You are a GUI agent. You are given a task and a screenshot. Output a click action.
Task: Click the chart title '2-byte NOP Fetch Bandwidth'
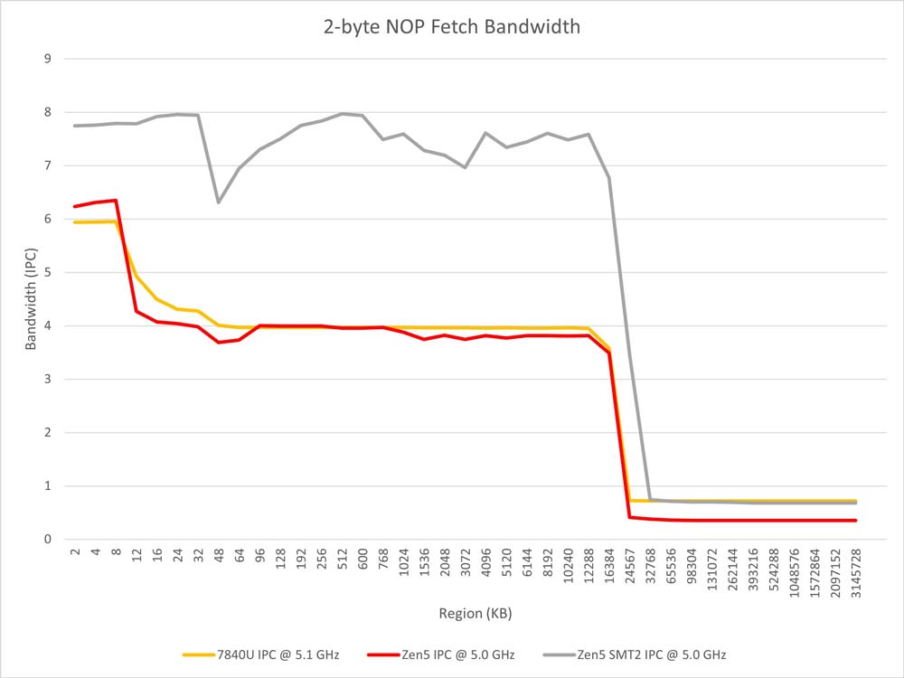click(x=451, y=27)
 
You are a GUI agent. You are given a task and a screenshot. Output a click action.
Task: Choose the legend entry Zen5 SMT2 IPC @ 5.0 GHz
click(x=644, y=654)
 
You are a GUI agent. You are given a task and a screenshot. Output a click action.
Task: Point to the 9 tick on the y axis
click(x=48, y=59)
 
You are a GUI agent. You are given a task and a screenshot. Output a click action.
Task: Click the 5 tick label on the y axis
click(x=48, y=272)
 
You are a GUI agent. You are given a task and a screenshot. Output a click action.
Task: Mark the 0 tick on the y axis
click(x=48, y=539)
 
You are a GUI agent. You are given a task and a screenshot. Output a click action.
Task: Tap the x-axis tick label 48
click(x=219, y=556)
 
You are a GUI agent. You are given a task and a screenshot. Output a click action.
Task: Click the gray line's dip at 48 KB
click(x=219, y=202)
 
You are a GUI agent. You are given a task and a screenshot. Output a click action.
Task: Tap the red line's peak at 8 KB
click(x=116, y=200)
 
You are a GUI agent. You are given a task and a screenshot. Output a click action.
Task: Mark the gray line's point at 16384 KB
click(x=609, y=178)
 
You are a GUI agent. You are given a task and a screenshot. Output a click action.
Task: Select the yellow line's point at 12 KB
click(x=137, y=277)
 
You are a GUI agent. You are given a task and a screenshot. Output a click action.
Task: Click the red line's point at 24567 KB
click(x=630, y=517)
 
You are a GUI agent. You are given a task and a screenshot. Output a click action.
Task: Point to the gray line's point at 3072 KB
click(x=466, y=167)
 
